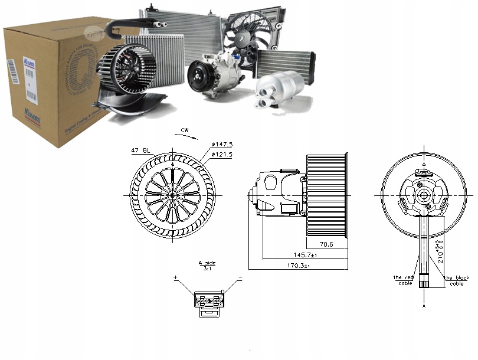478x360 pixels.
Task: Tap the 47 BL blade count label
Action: [x=139, y=152]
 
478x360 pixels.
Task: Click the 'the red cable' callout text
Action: [x=405, y=280]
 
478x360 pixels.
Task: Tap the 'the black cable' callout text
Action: [x=457, y=280]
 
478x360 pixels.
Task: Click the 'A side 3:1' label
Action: [x=207, y=265]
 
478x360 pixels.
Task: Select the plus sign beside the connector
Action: [x=175, y=277]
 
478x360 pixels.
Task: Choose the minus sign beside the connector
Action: [x=240, y=277]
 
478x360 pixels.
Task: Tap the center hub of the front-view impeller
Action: [x=172, y=195]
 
